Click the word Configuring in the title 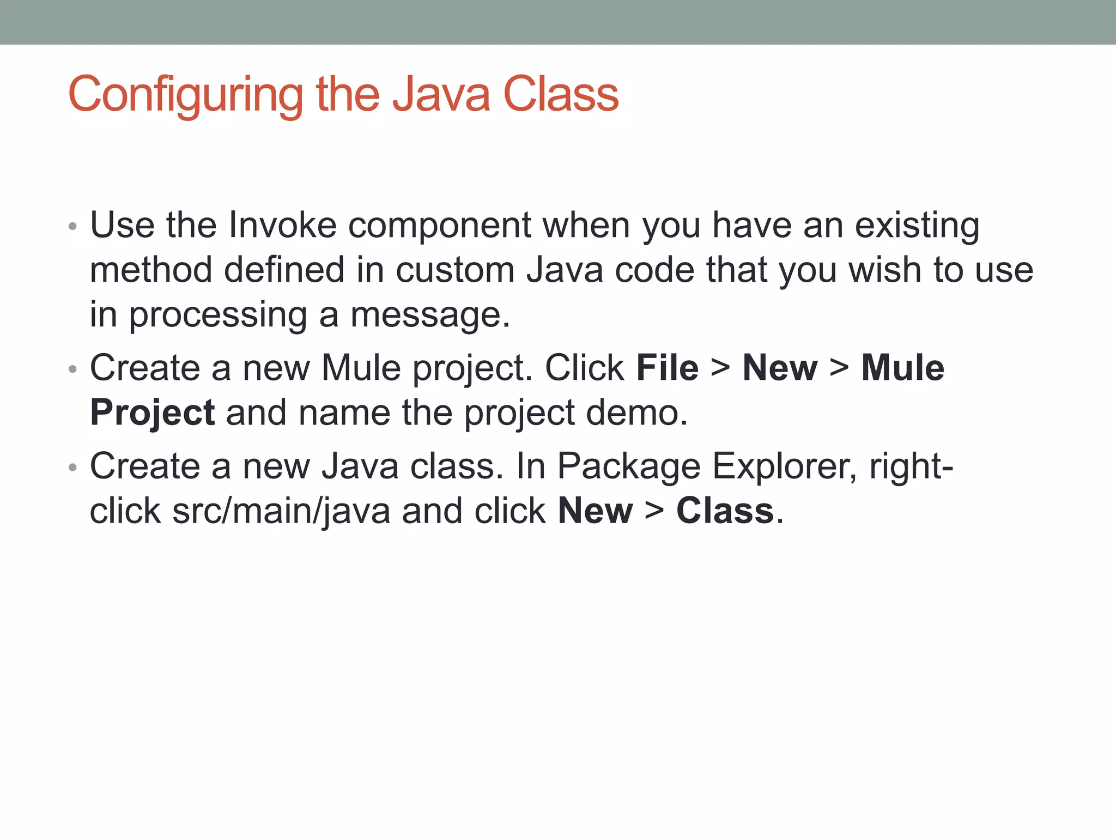click(x=185, y=95)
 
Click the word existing click(x=917, y=226)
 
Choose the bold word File click(x=667, y=368)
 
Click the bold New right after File click(x=780, y=368)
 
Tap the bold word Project click(x=152, y=413)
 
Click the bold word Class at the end click(x=725, y=511)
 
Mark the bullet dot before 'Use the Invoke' click(x=73, y=227)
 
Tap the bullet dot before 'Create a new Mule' click(x=73, y=370)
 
